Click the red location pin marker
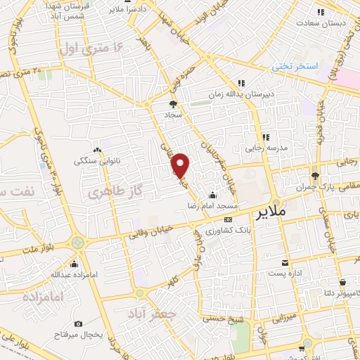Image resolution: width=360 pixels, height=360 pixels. (x=181, y=165)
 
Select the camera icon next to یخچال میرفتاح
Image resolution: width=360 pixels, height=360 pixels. (x=78, y=323)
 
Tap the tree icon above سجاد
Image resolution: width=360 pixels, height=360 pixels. (x=174, y=104)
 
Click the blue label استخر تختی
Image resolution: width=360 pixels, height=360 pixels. (x=296, y=66)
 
